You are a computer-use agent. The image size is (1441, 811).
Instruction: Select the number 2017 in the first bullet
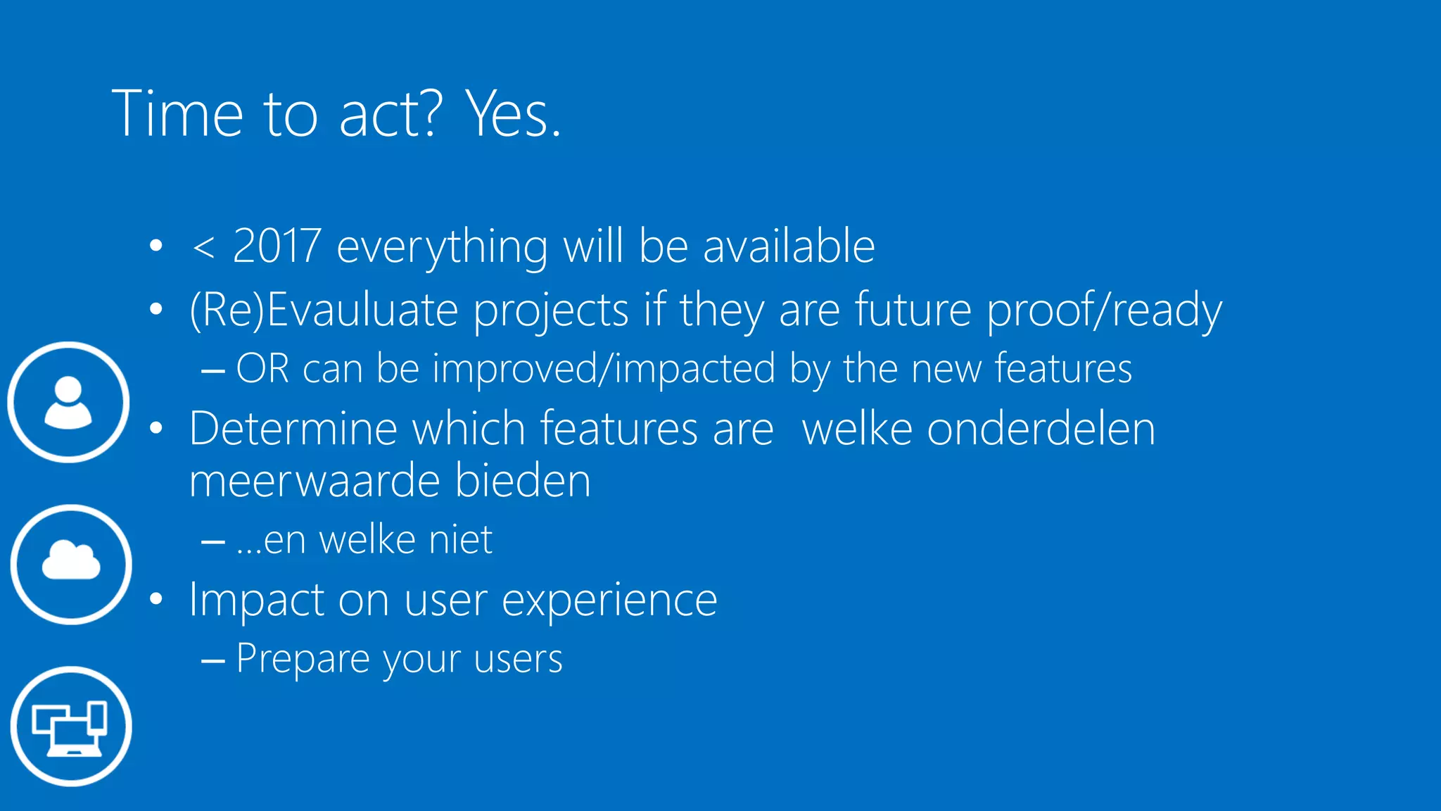(x=277, y=246)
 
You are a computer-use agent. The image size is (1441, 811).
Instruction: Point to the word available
(x=789, y=246)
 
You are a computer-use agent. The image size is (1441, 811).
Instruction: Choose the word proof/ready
(x=1104, y=310)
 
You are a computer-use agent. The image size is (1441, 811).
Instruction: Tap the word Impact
(x=255, y=601)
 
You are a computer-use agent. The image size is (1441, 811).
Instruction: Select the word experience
(x=609, y=601)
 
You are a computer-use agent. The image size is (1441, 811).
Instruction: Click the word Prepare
(x=303, y=660)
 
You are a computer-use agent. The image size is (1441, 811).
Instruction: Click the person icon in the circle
(x=68, y=402)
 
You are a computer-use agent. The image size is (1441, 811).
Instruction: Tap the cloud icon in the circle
(x=71, y=563)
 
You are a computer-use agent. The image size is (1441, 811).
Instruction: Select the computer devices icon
(x=71, y=727)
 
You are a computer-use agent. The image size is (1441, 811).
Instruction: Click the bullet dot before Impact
(x=156, y=600)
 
